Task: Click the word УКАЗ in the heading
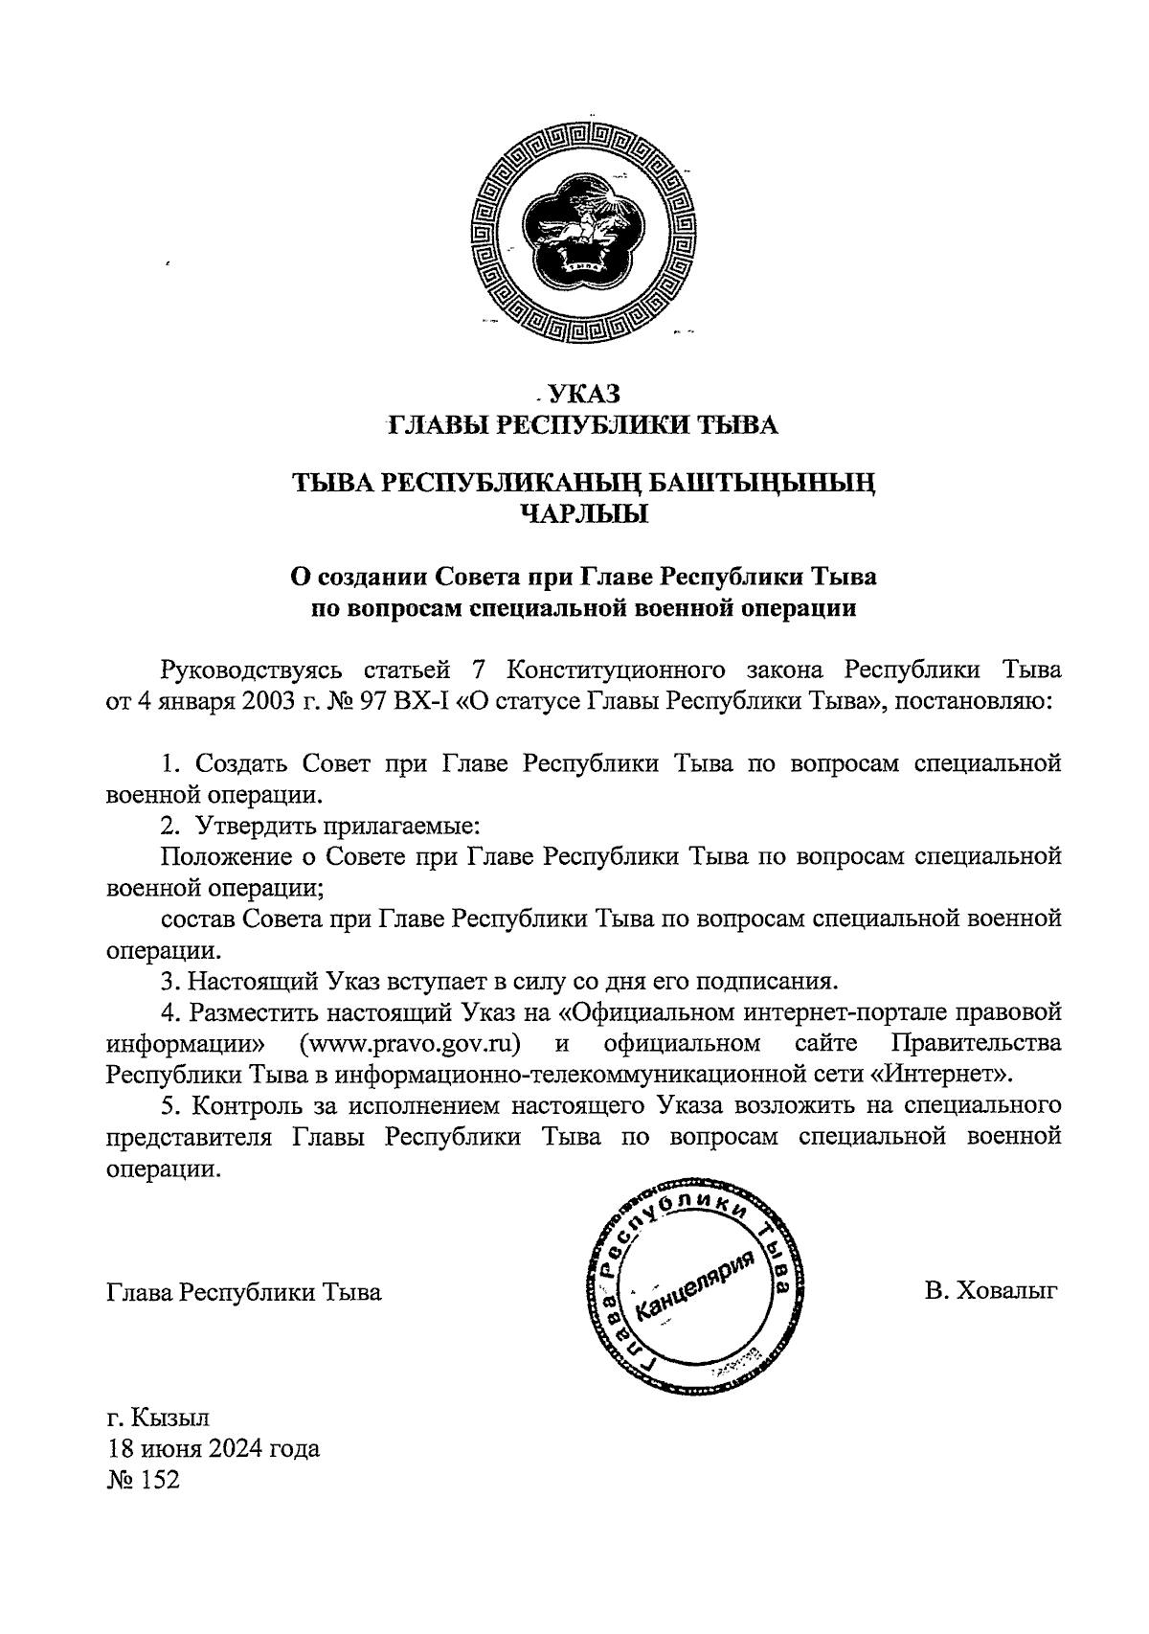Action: point(585,394)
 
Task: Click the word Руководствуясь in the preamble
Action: point(251,669)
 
